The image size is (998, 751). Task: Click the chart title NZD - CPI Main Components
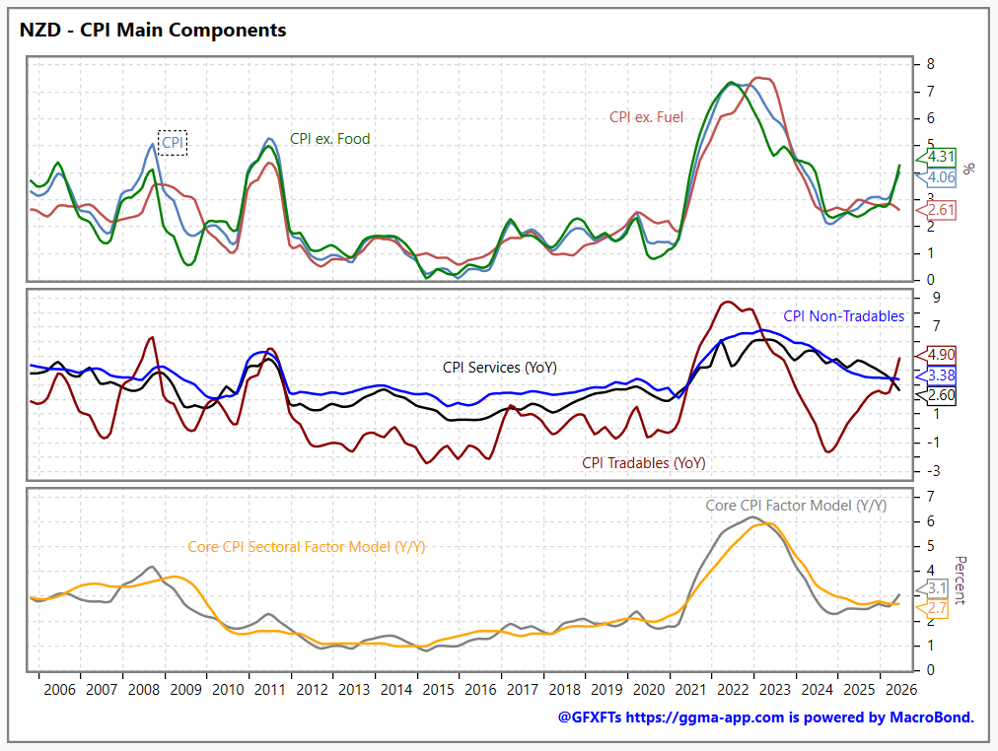click(153, 30)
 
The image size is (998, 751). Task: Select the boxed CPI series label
click(173, 143)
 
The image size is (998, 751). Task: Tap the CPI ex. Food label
click(329, 139)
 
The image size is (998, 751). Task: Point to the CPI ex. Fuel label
click(646, 117)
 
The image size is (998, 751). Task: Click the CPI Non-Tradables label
click(843, 316)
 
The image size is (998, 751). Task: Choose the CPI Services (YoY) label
click(500, 368)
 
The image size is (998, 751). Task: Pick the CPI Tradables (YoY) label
click(644, 463)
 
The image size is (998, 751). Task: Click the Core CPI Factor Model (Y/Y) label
click(796, 506)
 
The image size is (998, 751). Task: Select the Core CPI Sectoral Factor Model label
click(306, 547)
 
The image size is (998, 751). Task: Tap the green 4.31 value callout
click(936, 157)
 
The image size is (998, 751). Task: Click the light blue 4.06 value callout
click(936, 177)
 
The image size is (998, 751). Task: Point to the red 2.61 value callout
click(936, 211)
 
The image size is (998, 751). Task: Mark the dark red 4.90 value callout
click(936, 355)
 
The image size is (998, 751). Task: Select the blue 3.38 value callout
click(936, 375)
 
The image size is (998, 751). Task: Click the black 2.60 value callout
click(936, 395)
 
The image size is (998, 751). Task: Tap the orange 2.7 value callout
click(932, 608)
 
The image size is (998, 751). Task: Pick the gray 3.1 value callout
click(932, 588)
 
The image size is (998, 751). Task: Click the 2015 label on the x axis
click(439, 690)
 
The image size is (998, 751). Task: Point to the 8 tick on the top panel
click(931, 64)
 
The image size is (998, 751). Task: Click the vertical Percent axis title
click(960, 580)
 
